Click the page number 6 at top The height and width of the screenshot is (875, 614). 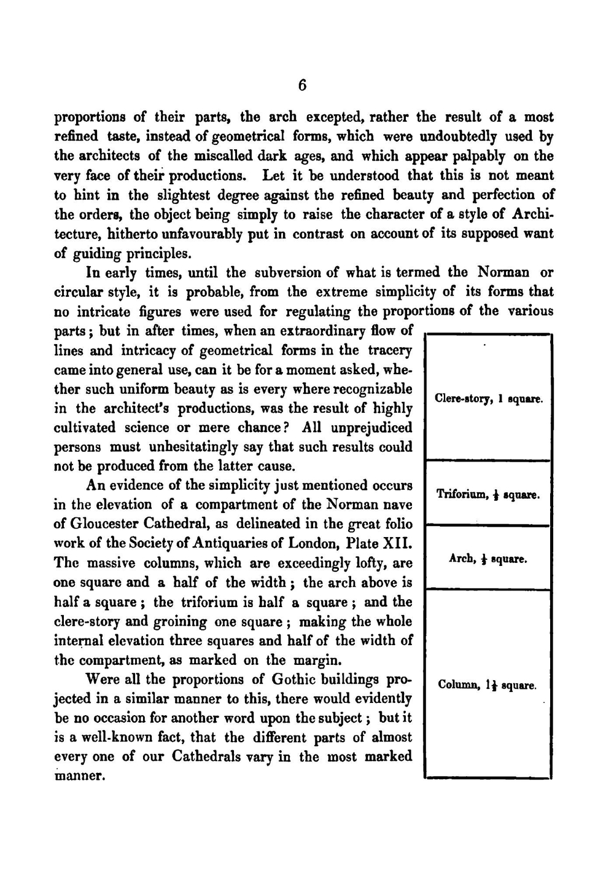click(302, 86)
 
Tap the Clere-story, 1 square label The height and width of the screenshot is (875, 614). click(488, 399)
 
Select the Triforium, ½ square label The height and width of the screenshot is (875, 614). click(488, 495)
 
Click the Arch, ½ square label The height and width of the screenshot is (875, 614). click(488, 559)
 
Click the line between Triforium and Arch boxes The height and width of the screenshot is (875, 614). click(488, 525)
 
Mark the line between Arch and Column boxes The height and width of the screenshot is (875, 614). click(488, 589)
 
